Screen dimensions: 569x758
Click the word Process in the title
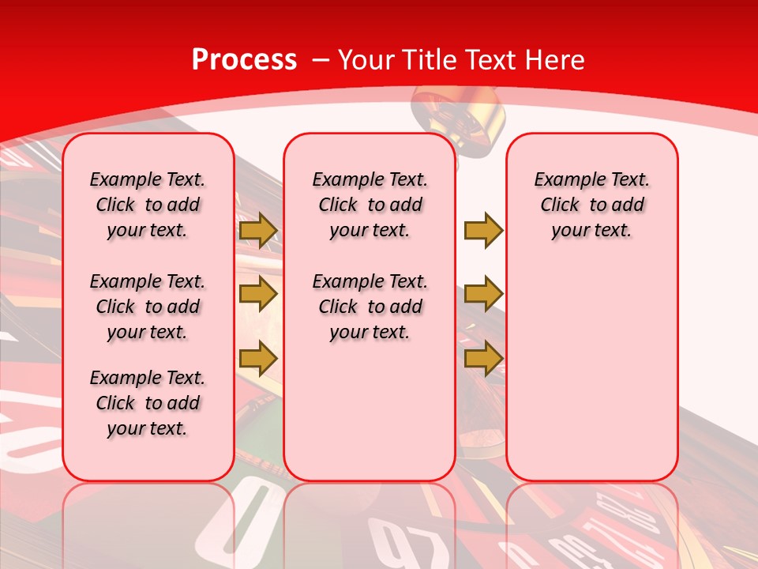coord(244,60)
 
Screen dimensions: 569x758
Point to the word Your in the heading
coord(367,60)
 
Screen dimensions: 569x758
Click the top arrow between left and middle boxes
coord(258,231)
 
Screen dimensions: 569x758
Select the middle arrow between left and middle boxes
coord(258,294)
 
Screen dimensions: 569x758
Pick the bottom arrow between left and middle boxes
coord(258,359)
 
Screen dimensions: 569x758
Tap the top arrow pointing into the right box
coord(483,231)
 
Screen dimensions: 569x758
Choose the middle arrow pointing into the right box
coord(483,294)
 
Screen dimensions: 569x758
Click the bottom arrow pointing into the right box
coord(483,359)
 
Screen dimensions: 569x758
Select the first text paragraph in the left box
coord(148,205)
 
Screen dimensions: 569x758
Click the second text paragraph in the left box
coord(148,307)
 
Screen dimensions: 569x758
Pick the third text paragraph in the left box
coord(148,403)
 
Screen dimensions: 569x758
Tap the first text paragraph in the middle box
coord(370,205)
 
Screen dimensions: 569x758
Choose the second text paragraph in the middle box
coord(370,307)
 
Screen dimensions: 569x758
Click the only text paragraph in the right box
coord(591,205)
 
